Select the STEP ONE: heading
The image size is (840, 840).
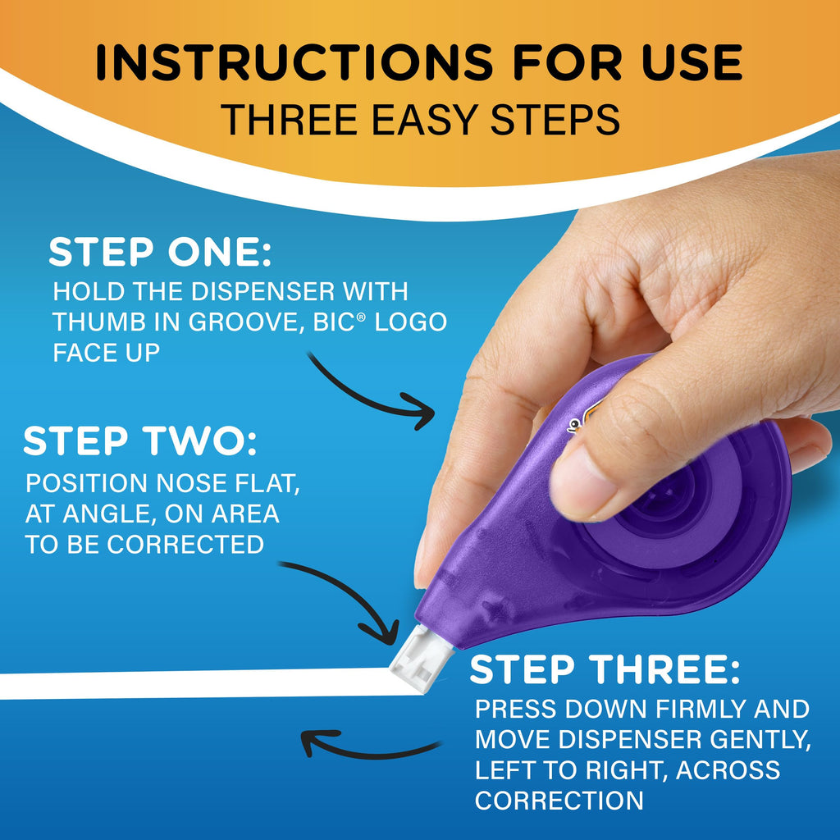160,253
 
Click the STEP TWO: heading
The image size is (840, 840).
139,442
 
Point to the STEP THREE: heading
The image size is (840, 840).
605,671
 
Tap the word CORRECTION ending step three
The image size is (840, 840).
559,800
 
